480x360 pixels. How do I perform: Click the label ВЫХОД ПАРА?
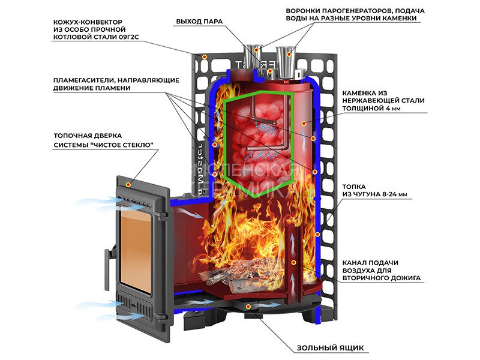coord(199,22)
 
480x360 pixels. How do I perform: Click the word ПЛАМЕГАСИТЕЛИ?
coord(83,79)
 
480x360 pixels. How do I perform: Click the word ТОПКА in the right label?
coord(355,187)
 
